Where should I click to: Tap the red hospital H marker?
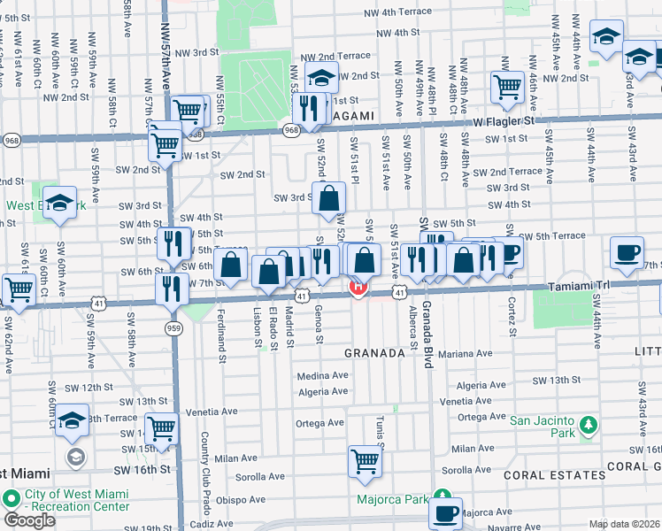[x=358, y=288]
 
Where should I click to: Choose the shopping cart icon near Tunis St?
[x=365, y=461]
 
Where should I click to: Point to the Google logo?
[x=29, y=520]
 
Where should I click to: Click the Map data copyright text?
[x=625, y=524]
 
